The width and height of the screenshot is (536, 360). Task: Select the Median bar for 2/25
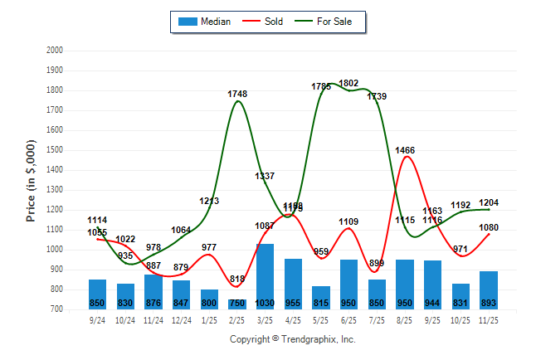click(237, 304)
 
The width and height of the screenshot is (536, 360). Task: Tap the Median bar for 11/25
click(489, 290)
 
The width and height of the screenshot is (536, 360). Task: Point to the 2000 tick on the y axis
click(54, 51)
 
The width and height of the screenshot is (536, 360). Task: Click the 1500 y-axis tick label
click(54, 150)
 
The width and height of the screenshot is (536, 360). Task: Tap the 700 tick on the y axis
click(56, 309)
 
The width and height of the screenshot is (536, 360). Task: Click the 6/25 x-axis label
click(349, 319)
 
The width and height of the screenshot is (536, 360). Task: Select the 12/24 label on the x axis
click(181, 319)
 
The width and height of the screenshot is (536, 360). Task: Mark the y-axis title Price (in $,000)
click(31, 179)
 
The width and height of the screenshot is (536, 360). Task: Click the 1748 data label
click(237, 94)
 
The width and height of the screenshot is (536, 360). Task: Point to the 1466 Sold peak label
click(405, 150)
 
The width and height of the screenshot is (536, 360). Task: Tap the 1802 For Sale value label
click(349, 83)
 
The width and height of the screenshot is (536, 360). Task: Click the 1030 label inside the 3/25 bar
click(266, 303)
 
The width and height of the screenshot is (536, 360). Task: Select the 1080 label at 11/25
click(489, 227)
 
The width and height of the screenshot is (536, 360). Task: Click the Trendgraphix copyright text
click(292, 339)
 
